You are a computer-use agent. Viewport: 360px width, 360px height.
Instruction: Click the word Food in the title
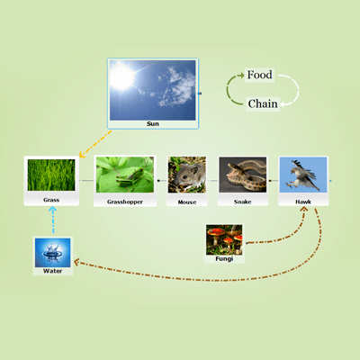click(259, 75)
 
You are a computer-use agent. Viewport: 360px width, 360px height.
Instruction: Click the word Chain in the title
click(263, 103)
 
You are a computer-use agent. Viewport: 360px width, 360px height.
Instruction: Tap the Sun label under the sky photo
click(153, 124)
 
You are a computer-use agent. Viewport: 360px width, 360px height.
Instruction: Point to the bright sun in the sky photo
click(121, 77)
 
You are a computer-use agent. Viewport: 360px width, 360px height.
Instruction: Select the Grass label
click(51, 200)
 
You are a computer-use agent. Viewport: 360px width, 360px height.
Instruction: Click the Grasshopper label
click(125, 202)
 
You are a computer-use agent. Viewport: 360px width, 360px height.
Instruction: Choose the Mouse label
click(187, 202)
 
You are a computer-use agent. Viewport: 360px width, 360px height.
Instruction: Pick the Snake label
click(243, 202)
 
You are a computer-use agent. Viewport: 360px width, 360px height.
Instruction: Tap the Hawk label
click(303, 202)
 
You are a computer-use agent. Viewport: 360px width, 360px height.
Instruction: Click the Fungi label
click(224, 258)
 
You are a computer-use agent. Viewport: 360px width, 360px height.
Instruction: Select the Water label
click(52, 271)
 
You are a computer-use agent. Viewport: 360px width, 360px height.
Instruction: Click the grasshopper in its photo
click(130, 178)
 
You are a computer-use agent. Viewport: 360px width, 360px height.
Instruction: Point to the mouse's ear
click(193, 171)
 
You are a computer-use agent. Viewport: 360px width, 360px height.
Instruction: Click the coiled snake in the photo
click(246, 176)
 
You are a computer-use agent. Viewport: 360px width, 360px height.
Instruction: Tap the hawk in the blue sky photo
click(303, 175)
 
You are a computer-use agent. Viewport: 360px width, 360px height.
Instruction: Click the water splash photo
click(52, 253)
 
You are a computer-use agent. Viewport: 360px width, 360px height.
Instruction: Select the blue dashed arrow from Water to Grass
click(53, 220)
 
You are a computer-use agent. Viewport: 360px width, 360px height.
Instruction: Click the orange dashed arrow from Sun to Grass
click(94, 144)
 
